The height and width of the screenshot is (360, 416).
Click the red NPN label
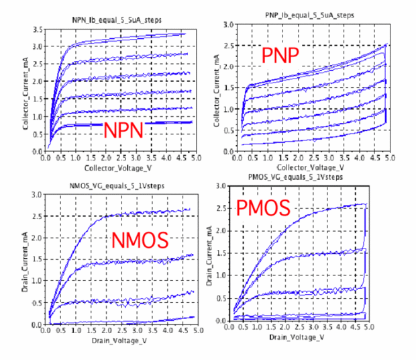[123, 129]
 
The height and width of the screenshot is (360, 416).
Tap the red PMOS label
[263, 208]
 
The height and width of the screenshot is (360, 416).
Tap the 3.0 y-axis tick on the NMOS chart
[36, 195]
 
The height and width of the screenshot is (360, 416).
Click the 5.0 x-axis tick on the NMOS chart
[194, 331]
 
